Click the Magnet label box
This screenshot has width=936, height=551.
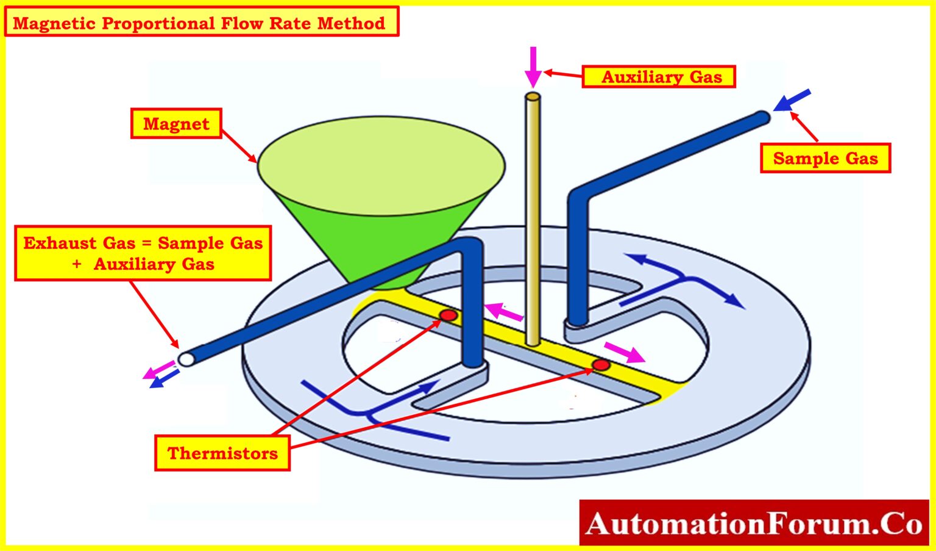click(176, 124)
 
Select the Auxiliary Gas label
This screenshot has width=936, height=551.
click(659, 77)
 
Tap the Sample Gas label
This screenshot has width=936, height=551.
click(825, 159)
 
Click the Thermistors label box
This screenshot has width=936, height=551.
click(222, 453)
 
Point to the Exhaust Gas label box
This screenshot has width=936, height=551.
click(143, 253)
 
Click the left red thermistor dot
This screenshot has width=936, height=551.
click(448, 315)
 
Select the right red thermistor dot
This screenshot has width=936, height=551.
click(601, 365)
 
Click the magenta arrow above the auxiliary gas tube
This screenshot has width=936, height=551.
click(533, 67)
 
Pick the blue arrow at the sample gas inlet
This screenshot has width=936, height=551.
click(792, 100)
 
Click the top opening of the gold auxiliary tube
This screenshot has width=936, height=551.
click(533, 96)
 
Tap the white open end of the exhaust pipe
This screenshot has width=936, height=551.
click(186, 358)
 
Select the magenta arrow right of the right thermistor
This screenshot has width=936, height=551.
click(625, 352)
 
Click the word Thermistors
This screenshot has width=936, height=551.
click(222, 453)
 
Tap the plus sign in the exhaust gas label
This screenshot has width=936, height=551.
click(77, 264)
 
